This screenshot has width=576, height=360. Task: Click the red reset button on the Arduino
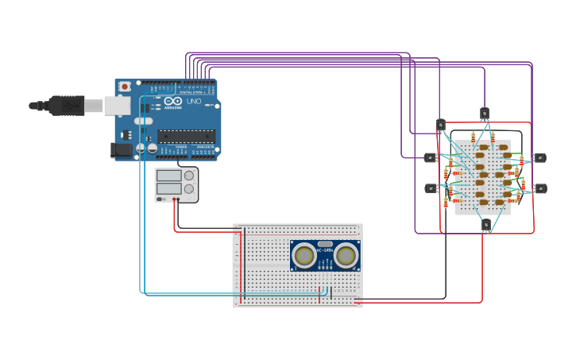124,86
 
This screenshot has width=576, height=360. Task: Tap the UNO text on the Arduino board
194,102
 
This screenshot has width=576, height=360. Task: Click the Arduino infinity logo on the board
173,101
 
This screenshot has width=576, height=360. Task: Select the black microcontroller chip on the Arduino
186,136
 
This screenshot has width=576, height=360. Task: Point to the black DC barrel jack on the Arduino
122,149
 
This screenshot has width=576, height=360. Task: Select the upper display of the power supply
168,176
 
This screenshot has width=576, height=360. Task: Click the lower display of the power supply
168,189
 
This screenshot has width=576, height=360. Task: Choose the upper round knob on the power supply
189,176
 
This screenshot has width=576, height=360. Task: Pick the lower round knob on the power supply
189,189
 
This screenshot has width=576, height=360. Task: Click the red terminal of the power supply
174,199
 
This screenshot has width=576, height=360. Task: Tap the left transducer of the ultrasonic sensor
303,255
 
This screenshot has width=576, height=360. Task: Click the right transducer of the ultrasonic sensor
346,255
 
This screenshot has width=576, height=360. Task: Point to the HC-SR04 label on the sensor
324,252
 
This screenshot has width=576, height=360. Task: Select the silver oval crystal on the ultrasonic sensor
324,244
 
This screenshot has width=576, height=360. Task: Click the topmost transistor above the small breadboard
484,112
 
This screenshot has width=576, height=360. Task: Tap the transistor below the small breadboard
486,225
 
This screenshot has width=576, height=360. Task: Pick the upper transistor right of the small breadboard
539,157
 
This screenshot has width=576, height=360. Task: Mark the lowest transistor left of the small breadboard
431,188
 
